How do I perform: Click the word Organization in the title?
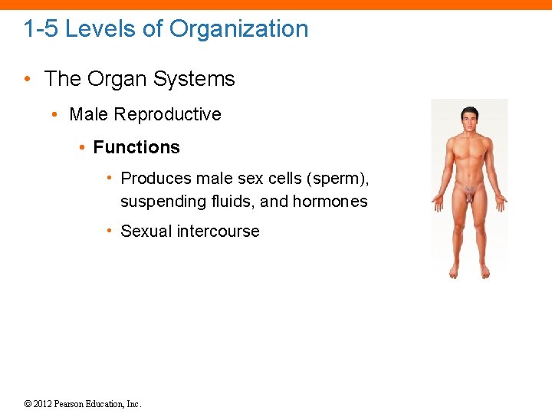click(238, 29)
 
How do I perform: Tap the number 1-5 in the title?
click(41, 29)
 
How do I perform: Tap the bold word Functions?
click(136, 147)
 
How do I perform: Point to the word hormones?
click(330, 202)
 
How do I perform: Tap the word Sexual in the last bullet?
click(146, 232)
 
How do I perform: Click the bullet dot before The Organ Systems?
click(27, 80)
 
